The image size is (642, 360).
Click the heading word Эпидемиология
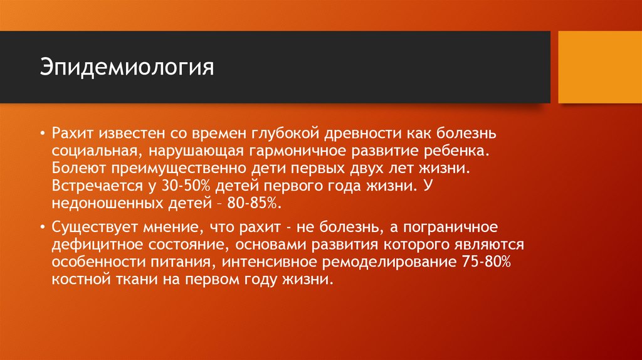point(127,67)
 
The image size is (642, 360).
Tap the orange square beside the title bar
point(600,67)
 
